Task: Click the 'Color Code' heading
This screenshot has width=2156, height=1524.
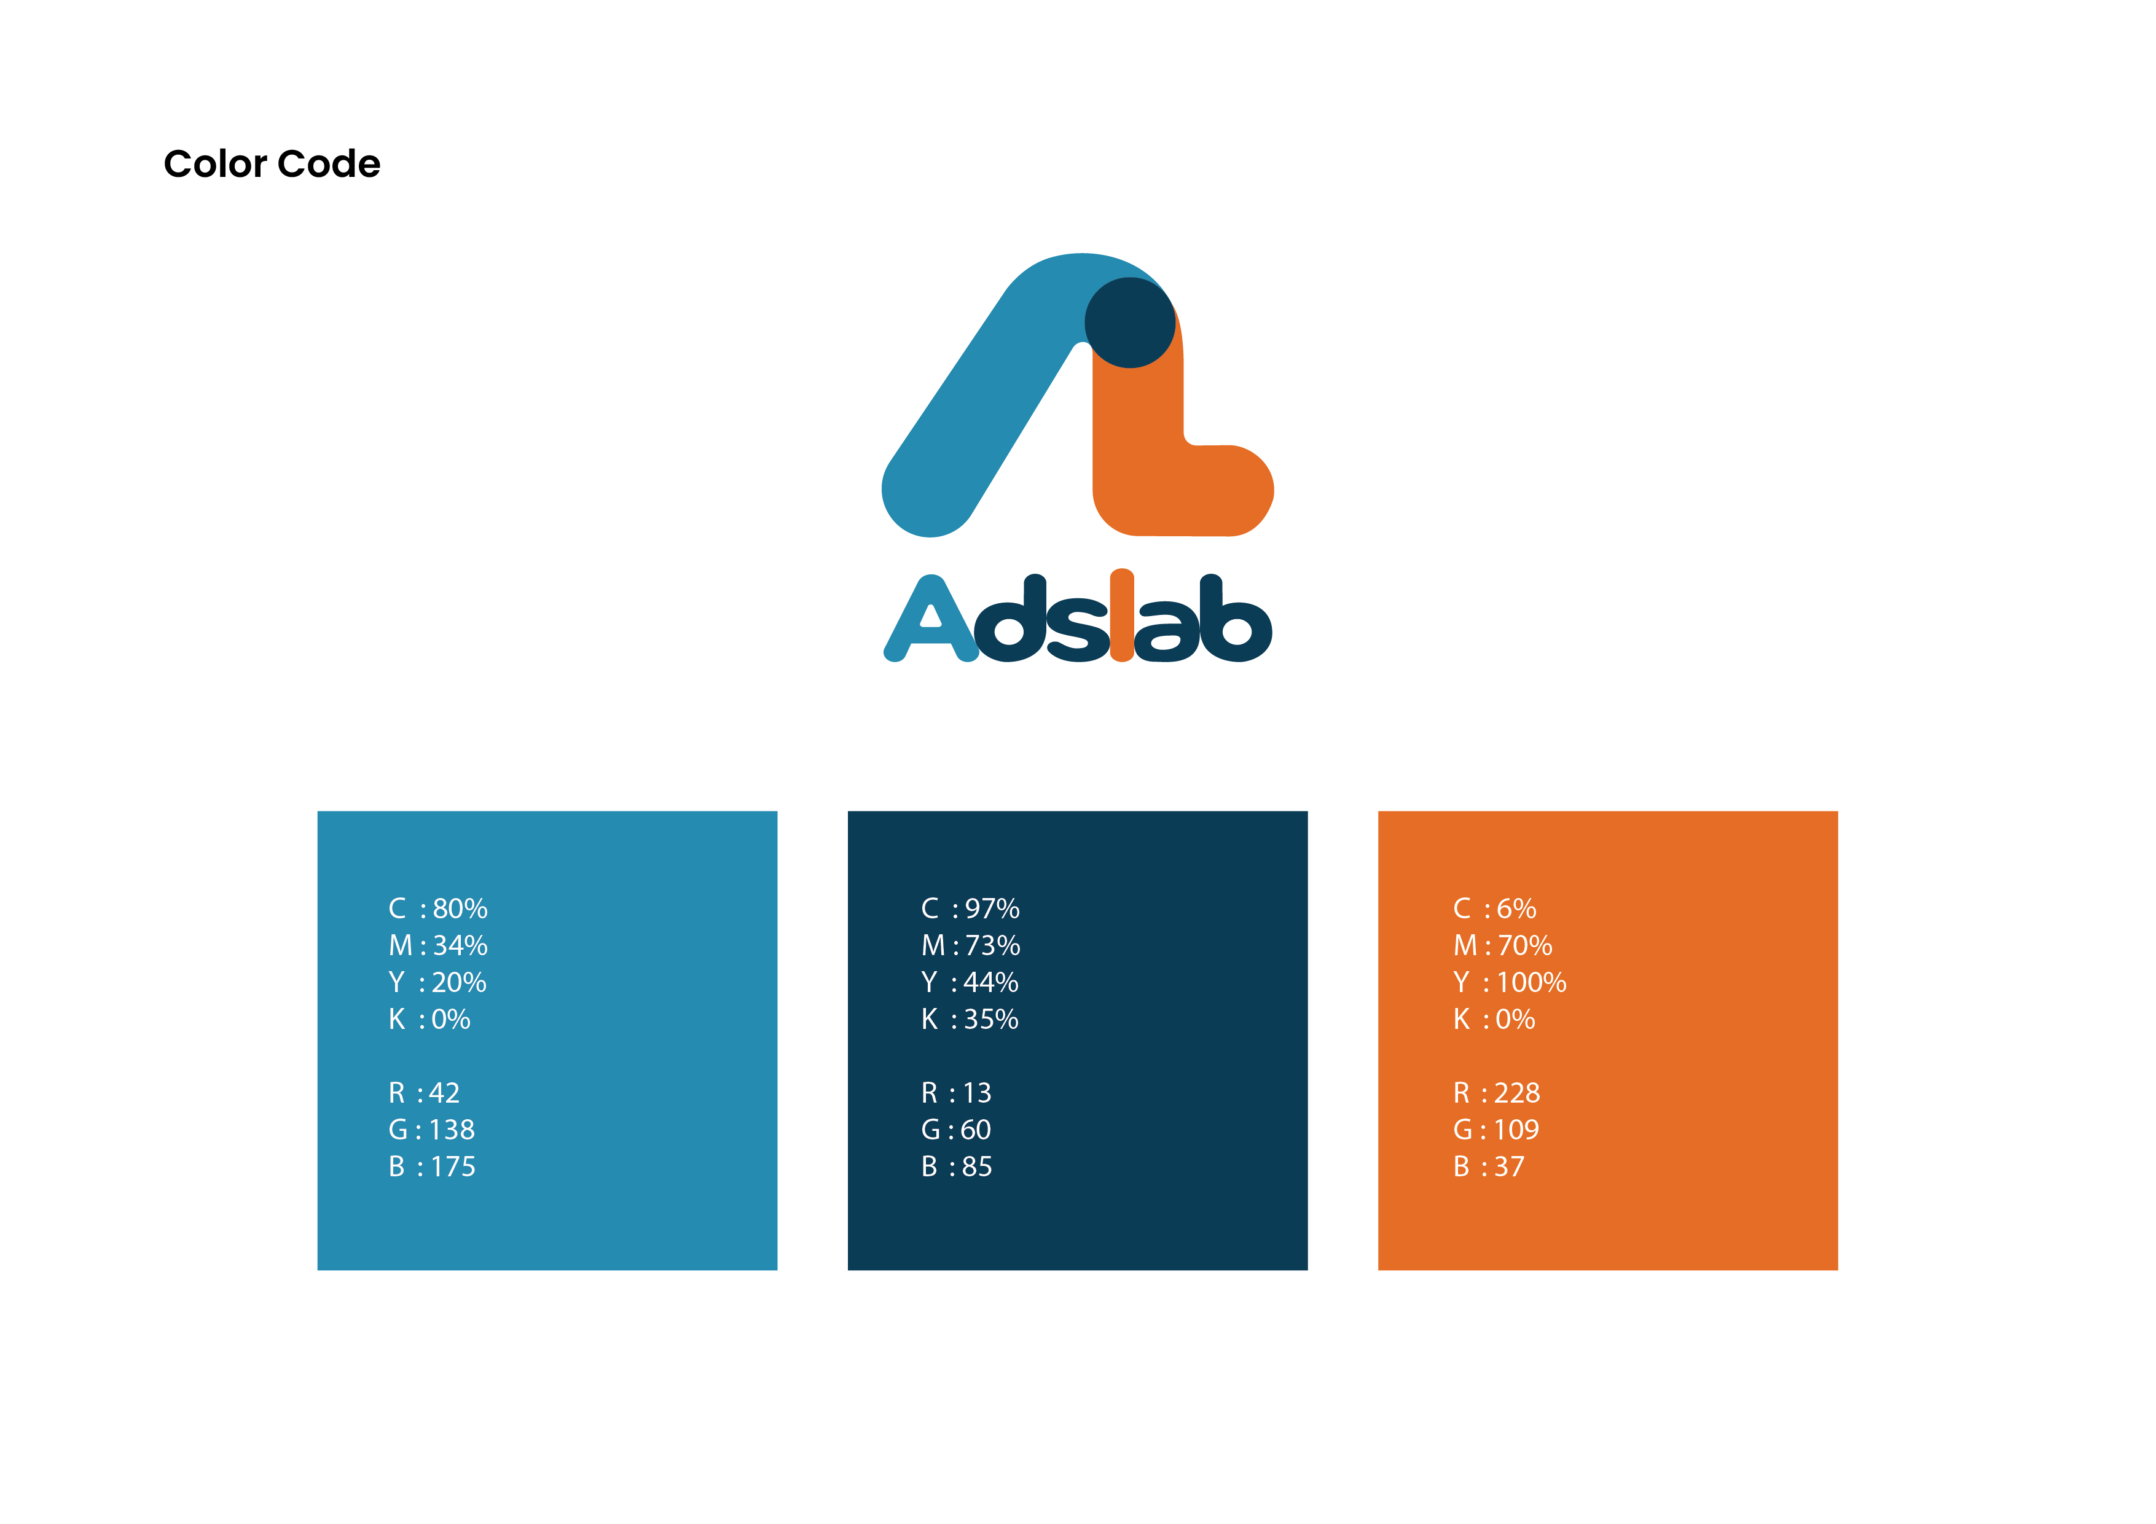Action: point(272,165)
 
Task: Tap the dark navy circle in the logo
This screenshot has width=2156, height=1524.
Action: point(1130,322)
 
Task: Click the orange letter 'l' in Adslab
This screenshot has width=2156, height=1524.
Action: point(1122,615)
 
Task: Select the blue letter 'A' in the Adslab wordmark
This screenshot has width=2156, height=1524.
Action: point(931,619)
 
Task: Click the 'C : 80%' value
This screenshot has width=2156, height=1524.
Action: point(437,909)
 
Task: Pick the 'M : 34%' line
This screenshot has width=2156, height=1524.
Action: point(437,945)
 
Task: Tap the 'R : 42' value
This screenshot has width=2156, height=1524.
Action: point(425,1093)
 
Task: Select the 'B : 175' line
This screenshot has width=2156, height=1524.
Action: point(432,1167)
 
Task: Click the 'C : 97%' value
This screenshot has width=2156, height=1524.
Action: point(970,909)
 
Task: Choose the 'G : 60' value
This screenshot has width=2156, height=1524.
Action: point(956,1130)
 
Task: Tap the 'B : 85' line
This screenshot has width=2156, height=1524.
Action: point(956,1167)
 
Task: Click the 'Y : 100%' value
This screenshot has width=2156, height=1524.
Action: point(1510,983)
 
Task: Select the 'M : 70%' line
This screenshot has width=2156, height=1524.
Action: point(1502,945)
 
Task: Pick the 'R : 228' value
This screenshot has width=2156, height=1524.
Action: point(1497,1093)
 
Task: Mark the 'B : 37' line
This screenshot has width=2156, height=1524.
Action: point(1488,1167)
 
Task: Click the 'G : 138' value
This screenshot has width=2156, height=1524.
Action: point(432,1130)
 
